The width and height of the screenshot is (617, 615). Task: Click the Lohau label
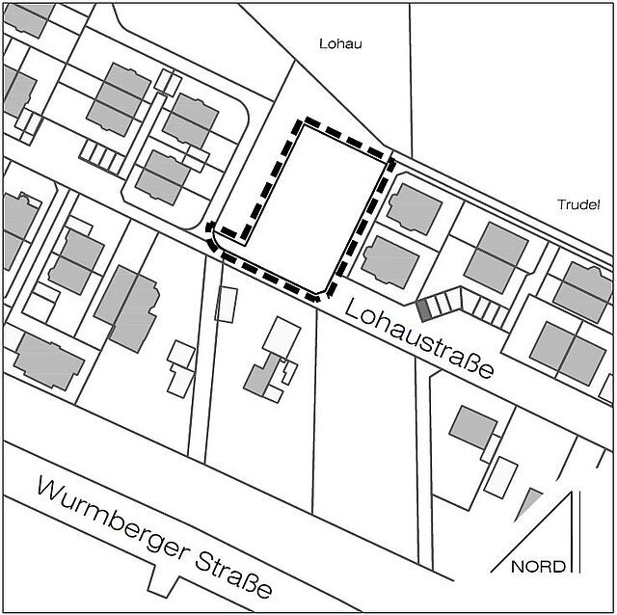click(339, 44)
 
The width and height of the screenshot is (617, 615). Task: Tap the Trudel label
click(579, 204)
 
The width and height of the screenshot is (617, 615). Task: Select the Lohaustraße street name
click(421, 339)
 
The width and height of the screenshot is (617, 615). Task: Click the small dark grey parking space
click(423, 309)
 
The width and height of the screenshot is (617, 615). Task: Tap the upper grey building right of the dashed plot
click(412, 206)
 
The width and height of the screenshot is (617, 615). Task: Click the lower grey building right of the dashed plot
click(391, 258)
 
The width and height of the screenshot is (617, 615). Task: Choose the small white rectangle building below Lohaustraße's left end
click(226, 304)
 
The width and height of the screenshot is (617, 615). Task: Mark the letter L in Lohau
click(323, 44)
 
